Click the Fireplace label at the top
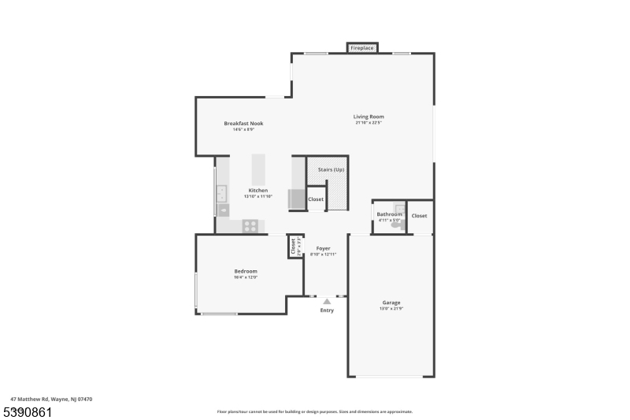[362, 48]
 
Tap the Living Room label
[369, 117]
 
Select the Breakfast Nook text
[243, 123]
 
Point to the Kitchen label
[258, 190]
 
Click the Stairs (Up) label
[331, 169]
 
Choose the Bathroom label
[389, 214]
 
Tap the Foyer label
[323, 247]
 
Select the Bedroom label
[246, 271]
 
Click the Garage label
[391, 303]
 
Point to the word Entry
[327, 310]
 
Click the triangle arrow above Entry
[327, 301]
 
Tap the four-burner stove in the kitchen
[250, 226]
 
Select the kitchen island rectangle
[258, 168]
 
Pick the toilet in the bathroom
[395, 225]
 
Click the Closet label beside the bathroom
[419, 215]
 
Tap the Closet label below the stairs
[316, 199]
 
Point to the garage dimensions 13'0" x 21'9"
[391, 308]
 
